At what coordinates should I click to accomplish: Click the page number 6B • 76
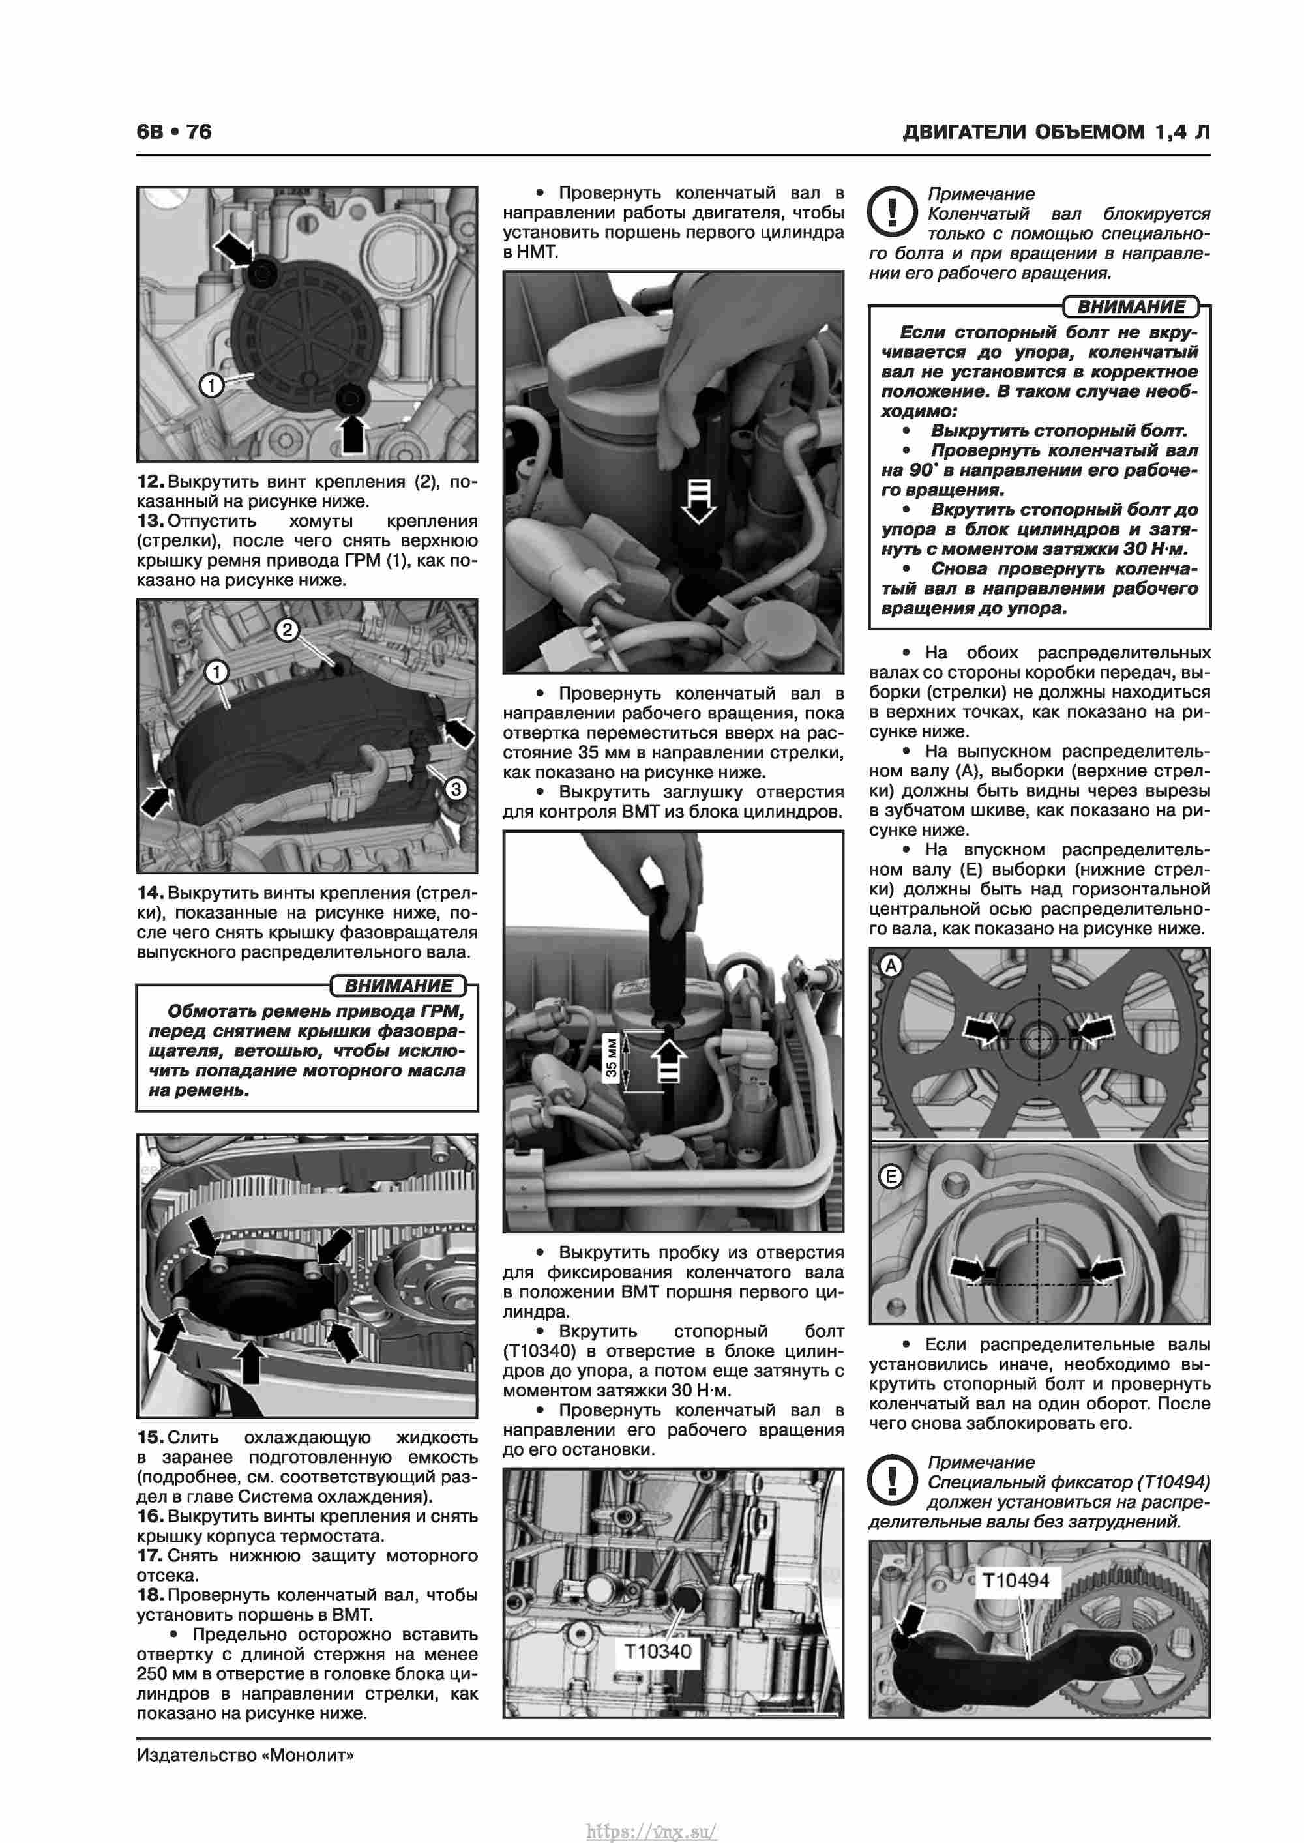[x=174, y=132]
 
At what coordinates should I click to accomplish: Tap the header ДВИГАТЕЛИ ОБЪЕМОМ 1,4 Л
[x=1056, y=132]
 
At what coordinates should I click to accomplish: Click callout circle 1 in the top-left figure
[x=211, y=385]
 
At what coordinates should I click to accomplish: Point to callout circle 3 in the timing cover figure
[x=455, y=789]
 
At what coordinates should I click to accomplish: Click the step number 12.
[x=150, y=482]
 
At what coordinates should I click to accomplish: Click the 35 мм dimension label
[x=612, y=1059]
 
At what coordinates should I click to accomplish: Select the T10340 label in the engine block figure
[x=658, y=1651]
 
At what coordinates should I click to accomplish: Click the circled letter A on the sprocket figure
[x=891, y=966]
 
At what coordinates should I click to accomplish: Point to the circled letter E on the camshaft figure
[x=891, y=1177]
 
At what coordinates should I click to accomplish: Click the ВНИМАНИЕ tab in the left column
[x=398, y=986]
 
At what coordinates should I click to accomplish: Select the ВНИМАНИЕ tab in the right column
[x=1131, y=306]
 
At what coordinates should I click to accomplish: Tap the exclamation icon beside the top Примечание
[x=892, y=211]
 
